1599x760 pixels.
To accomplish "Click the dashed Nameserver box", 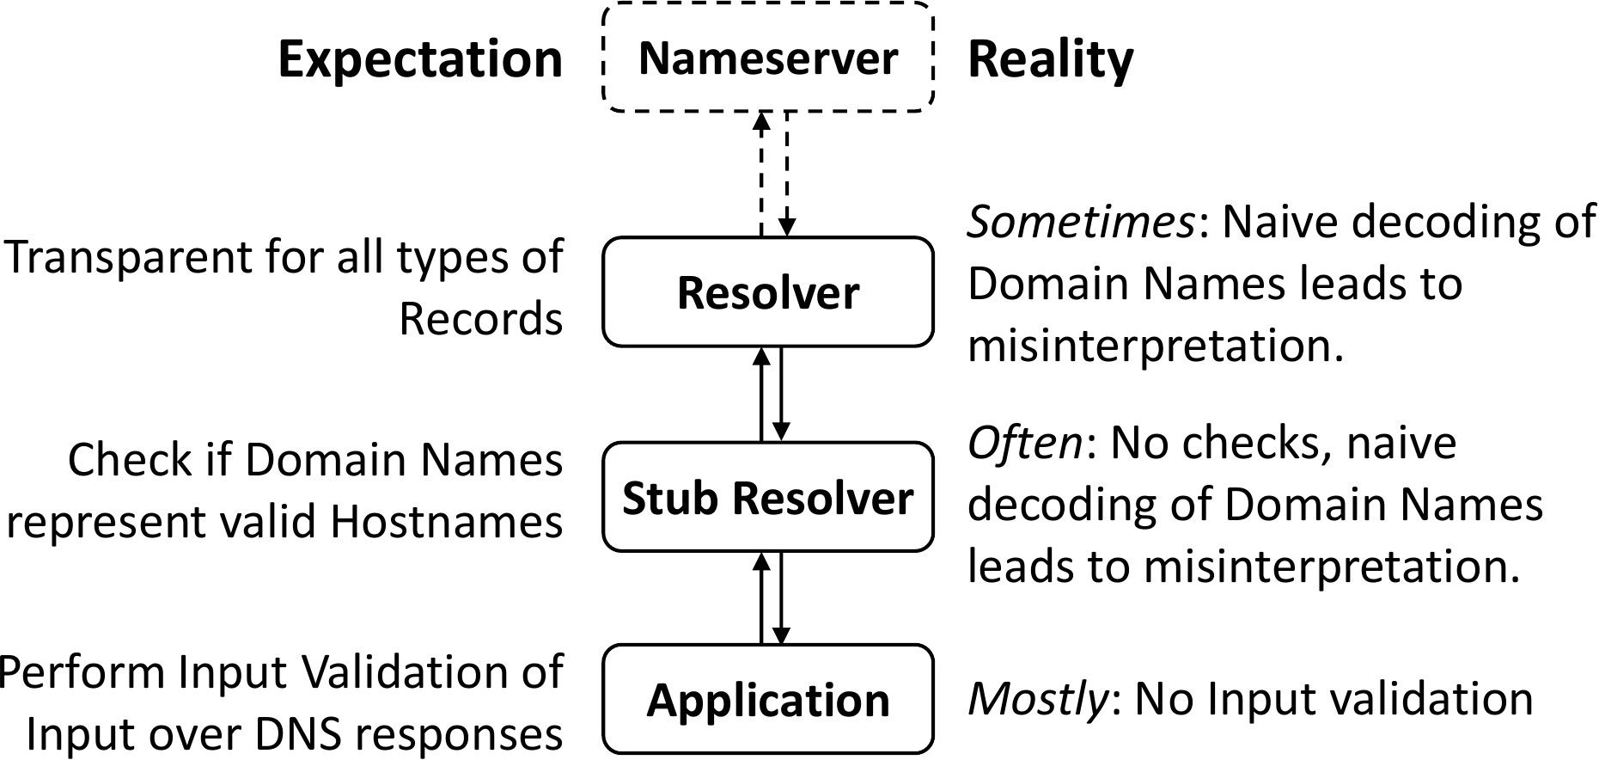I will (x=767, y=58).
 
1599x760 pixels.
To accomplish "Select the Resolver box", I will (x=767, y=292).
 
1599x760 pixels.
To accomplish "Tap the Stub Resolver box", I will (x=767, y=498).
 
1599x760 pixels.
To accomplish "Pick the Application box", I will (x=767, y=700).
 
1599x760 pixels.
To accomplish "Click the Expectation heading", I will (x=420, y=59).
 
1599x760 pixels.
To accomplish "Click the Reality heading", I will (x=1050, y=59).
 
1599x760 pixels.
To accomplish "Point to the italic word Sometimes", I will (x=1080, y=223).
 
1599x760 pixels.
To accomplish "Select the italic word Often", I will (x=1024, y=444).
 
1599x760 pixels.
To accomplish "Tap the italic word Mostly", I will (x=1037, y=699).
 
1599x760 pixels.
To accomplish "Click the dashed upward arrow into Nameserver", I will (x=760, y=172).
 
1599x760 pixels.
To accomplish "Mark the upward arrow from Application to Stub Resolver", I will (x=760, y=598).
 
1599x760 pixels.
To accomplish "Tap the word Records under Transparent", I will (x=480, y=320).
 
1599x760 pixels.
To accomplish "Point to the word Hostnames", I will (x=447, y=522).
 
